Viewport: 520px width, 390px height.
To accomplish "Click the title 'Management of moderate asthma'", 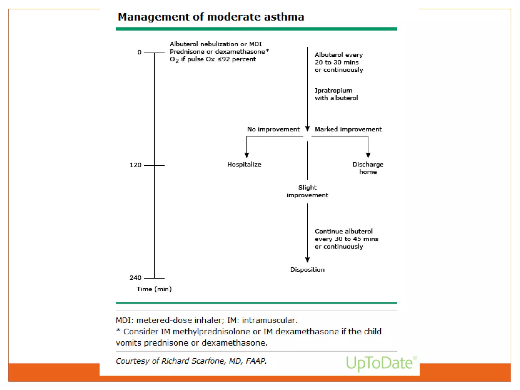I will [x=211, y=17].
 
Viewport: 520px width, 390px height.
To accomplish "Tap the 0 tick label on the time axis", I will [x=139, y=52].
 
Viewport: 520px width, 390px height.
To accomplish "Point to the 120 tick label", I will [x=135, y=165].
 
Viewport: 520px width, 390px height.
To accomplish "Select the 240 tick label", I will [x=135, y=278].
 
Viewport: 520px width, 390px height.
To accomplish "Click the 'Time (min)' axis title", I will [x=154, y=289].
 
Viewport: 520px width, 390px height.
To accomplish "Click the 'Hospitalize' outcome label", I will [x=244, y=165].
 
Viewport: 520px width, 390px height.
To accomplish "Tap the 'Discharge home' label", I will [x=368, y=168].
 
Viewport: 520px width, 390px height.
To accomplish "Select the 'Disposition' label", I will [x=307, y=270].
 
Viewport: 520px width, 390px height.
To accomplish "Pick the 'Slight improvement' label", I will [x=307, y=191].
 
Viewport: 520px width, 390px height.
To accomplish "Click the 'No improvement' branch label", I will [x=273, y=129].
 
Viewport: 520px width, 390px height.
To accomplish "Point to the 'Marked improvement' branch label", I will [x=348, y=129].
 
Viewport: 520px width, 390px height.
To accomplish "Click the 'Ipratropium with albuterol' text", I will [x=336, y=94].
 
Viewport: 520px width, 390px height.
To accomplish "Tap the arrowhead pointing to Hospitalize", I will [x=247, y=155].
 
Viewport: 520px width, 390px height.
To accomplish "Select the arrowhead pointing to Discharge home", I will [x=368, y=155].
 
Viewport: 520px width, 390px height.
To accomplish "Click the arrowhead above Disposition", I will [x=307, y=259].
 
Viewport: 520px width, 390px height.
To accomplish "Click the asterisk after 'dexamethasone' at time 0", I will [x=267, y=51].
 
